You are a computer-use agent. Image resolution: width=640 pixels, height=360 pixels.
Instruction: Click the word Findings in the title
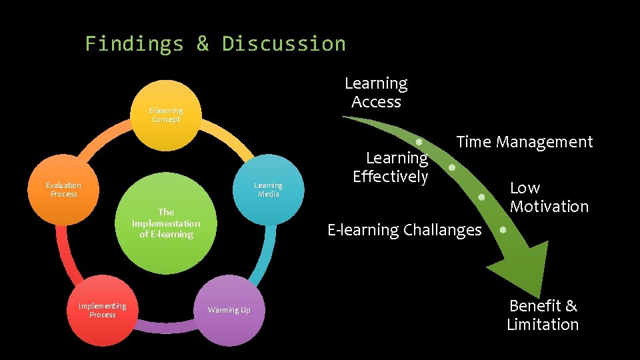pos(134,44)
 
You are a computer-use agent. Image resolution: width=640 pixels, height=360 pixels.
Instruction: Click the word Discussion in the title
pos(284,44)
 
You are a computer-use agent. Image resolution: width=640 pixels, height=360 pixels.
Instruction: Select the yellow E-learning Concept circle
pos(166,115)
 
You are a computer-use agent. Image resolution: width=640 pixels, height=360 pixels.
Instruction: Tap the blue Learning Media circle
pos(268,189)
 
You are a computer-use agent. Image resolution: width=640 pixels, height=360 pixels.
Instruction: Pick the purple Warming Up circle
pos(229,310)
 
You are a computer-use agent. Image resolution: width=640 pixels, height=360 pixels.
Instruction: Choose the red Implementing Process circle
pos(102,310)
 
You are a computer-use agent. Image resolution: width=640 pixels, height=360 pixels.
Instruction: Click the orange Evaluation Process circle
pos(64,189)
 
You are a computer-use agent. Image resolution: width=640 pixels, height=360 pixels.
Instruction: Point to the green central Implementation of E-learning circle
pos(166,223)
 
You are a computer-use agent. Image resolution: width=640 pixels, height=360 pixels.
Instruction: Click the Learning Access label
pos(376,93)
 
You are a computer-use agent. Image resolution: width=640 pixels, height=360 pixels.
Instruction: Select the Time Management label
pos(524,142)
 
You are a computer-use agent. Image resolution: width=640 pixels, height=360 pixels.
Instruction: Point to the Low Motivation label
pos(549,197)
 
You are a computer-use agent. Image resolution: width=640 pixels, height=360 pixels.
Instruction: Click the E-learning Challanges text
pos(404,230)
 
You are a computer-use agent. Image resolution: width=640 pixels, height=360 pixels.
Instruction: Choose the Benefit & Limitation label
pos(543,315)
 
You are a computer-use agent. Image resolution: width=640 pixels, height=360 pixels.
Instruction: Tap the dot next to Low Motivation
pos(481,197)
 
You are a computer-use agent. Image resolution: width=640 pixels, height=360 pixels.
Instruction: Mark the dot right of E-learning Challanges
pos(503,230)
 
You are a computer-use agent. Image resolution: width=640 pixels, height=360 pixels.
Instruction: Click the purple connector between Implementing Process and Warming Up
pos(167,328)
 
